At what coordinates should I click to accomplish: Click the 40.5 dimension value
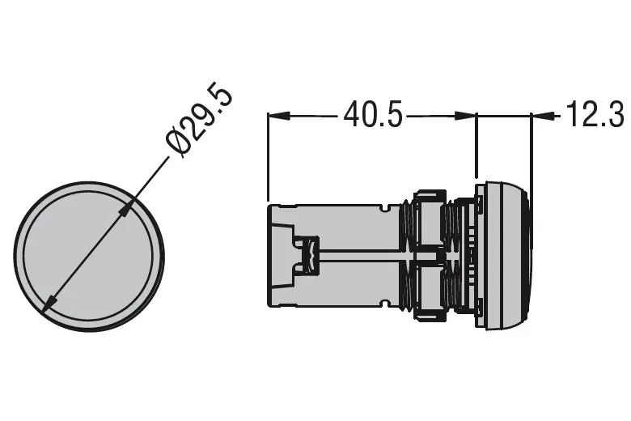pyautogui.click(x=372, y=116)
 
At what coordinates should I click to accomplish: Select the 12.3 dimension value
pyautogui.click(x=594, y=116)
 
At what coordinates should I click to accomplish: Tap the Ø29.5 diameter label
pyautogui.click(x=200, y=120)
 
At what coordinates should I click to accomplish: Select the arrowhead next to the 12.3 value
pyautogui.click(x=540, y=117)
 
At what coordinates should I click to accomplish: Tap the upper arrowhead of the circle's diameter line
pyautogui.click(x=125, y=210)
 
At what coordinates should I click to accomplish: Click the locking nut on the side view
pyautogui.click(x=429, y=256)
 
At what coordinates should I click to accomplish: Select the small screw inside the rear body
pyautogui.click(x=307, y=255)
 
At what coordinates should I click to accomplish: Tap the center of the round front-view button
pyautogui.click(x=88, y=257)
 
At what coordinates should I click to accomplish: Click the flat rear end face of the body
pyautogui.click(x=269, y=256)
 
